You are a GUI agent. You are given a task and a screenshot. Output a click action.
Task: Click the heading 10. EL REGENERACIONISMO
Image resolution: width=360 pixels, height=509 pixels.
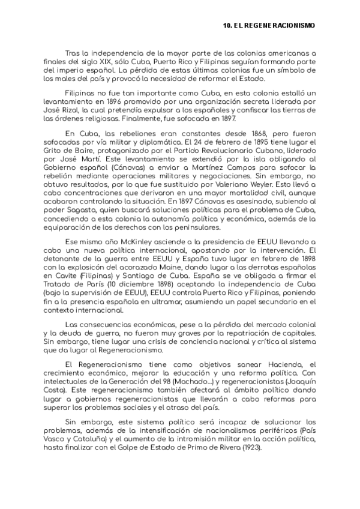[268, 26]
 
